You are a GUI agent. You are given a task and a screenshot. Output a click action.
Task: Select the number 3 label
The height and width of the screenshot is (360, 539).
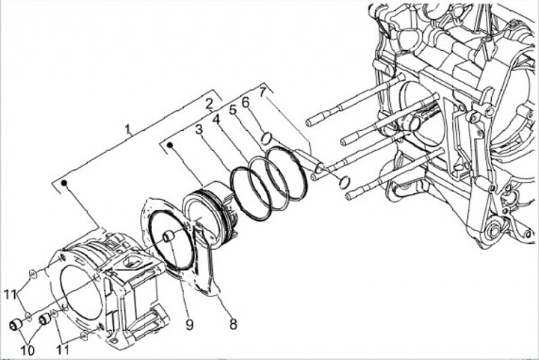point(198,129)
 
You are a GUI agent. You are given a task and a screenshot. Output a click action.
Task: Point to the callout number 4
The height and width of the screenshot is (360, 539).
point(216,119)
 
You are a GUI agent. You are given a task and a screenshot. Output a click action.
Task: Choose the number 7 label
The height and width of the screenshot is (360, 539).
point(262,92)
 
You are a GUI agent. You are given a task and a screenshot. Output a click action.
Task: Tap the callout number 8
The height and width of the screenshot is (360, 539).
point(233,324)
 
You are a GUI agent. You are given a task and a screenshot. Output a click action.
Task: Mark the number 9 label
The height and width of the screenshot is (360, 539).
point(189,326)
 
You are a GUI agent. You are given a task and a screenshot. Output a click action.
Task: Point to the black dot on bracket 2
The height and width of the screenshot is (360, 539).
point(171,145)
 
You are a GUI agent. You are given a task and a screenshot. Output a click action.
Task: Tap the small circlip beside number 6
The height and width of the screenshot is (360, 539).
point(265,136)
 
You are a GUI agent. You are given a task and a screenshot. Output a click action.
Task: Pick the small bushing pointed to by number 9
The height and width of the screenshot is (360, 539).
point(168,238)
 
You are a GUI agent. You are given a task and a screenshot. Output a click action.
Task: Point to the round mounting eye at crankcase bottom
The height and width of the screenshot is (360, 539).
point(493,234)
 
